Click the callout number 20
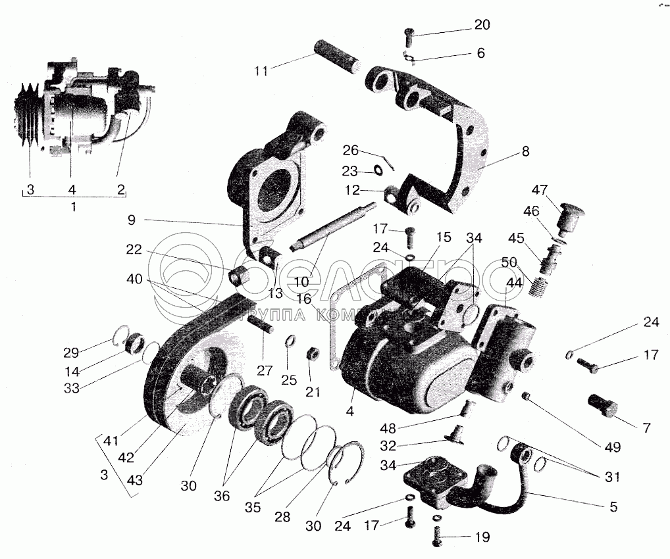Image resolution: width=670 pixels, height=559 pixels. (x=482, y=24)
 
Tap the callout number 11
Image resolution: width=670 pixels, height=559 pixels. (x=262, y=70)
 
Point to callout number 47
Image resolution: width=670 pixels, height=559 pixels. (x=540, y=190)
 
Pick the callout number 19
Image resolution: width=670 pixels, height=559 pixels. (x=482, y=537)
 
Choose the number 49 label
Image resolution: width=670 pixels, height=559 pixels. (x=613, y=448)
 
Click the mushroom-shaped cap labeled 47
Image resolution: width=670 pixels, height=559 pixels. (x=567, y=217)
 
